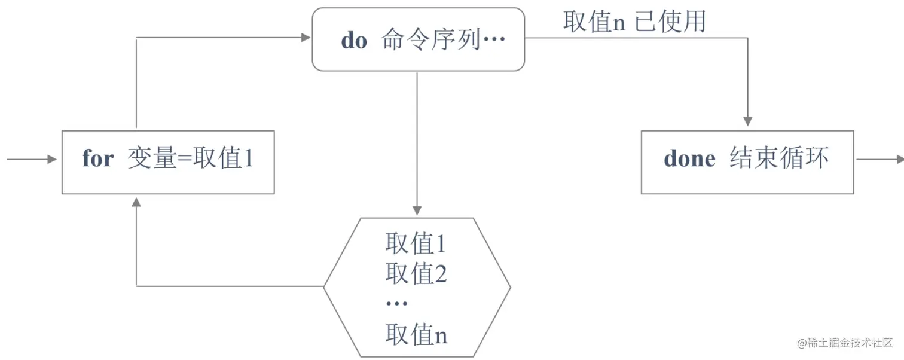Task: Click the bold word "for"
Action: pos(97,159)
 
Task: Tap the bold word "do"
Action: pos(354,40)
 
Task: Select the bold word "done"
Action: pos(689,159)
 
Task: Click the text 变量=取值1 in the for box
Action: pos(191,159)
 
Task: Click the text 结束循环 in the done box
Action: pos(779,159)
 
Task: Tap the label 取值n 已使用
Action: pos(634,22)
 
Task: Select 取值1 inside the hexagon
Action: pos(416,244)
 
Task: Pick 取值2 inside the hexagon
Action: pos(416,274)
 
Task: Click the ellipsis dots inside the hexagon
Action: pos(396,304)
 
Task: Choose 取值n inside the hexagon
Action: pos(416,335)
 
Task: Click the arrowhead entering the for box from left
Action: pos(52,160)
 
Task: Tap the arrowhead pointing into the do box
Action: pos(306,38)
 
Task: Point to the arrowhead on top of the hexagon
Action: pos(417,210)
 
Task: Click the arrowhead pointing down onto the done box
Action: pos(747,121)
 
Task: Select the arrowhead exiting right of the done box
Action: pos(899,159)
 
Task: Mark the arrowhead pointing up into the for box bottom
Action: pos(136,202)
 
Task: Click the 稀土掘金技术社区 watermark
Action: pos(844,343)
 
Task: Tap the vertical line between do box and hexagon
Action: pos(417,138)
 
